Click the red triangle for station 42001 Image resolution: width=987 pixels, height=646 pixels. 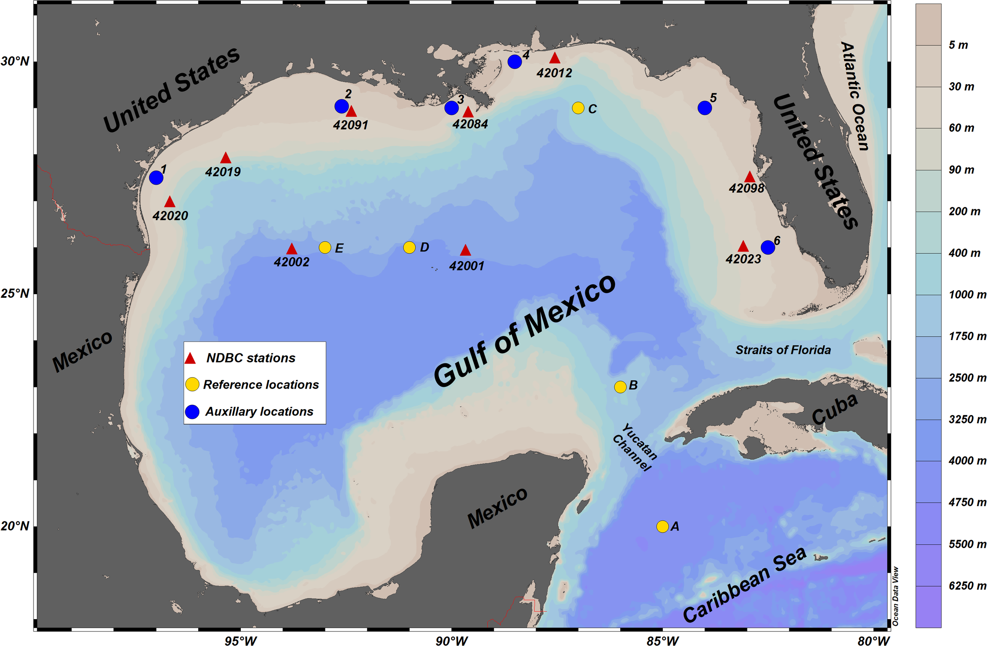(465, 250)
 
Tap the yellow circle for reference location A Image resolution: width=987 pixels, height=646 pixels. (662, 527)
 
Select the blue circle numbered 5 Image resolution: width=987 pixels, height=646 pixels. (705, 108)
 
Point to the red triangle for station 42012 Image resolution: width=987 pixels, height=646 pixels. (555, 58)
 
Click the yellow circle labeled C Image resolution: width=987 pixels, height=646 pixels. (578, 108)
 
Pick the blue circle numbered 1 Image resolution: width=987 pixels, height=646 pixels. (156, 178)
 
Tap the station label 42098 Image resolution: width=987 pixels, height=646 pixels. (747, 189)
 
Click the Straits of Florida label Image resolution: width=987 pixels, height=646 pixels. (783, 350)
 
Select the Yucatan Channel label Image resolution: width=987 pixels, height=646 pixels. (635, 447)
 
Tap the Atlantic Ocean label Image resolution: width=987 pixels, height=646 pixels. (854, 96)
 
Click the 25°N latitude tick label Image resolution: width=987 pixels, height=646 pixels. (15, 293)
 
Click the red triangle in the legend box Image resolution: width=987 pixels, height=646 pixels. (190, 359)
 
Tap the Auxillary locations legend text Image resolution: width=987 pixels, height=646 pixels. (259, 412)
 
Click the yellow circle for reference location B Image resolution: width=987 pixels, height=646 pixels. (620, 387)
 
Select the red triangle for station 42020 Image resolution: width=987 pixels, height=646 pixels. (170, 202)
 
